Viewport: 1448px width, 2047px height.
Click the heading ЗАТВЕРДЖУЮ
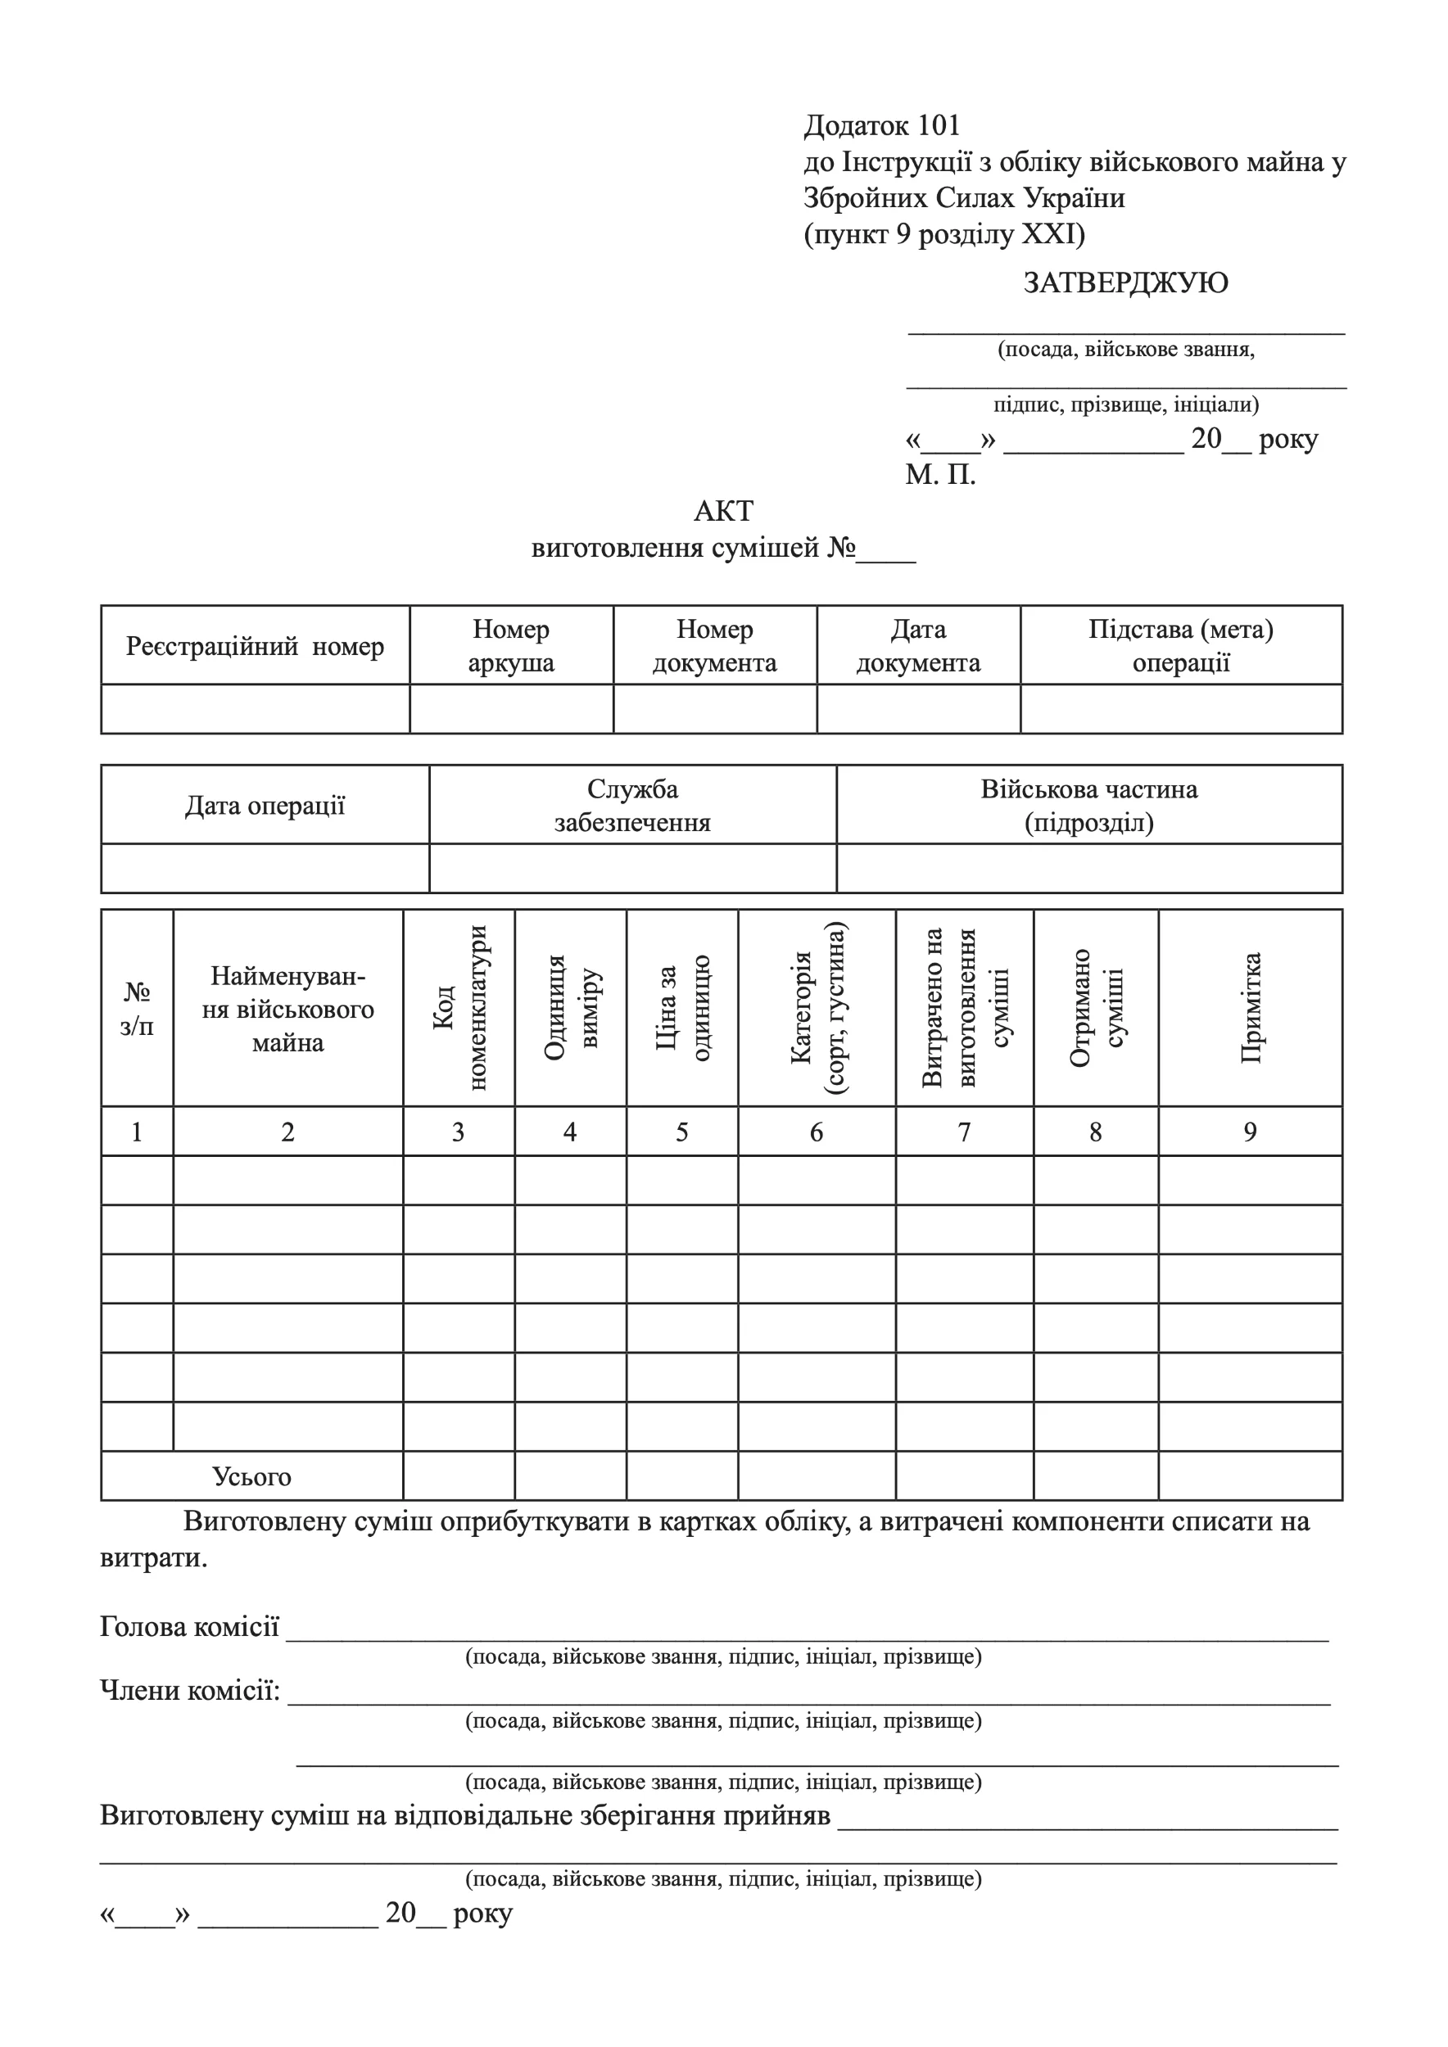tap(1125, 282)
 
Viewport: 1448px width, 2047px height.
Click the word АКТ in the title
tap(723, 511)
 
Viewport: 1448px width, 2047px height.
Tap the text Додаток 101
tap(881, 126)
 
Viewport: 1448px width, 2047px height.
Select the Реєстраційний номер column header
tap(255, 645)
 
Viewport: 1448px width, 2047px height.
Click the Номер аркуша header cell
tap(511, 645)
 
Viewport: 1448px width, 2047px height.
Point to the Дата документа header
tap(917, 645)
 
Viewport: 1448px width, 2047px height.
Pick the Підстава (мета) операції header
tap(1180, 645)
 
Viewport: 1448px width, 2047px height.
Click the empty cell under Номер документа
tap(714, 710)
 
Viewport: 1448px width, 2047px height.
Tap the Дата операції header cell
tap(265, 805)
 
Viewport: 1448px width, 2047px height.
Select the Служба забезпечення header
tap(632, 805)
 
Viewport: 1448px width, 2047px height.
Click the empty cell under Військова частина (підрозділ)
tap(1088, 869)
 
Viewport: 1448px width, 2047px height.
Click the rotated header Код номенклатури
tap(459, 1007)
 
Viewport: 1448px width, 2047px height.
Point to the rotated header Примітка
tap(1250, 1007)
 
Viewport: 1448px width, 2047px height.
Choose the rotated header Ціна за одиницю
tap(682, 1007)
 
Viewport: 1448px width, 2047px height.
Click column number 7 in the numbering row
tap(964, 1132)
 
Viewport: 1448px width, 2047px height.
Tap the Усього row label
tap(251, 1476)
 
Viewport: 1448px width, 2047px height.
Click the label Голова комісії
tap(189, 1627)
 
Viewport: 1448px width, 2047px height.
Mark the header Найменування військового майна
tap(287, 1010)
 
